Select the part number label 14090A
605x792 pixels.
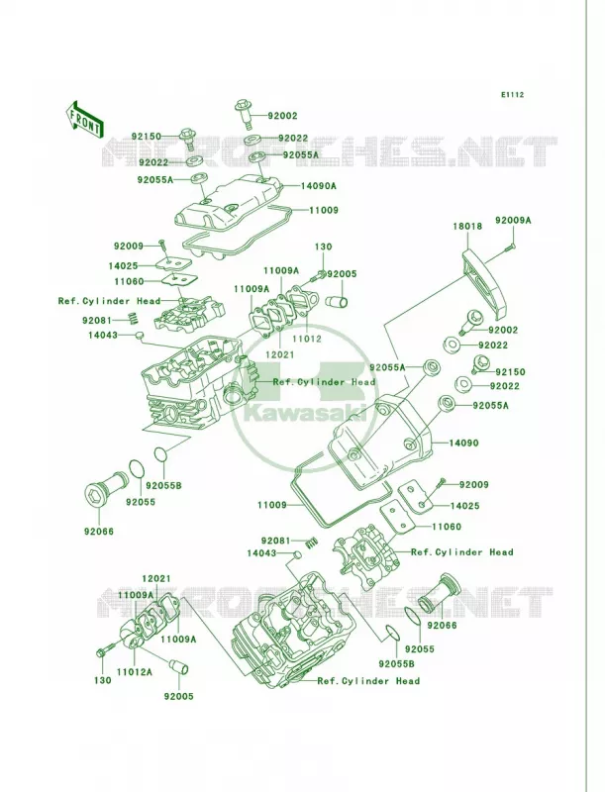[318, 186]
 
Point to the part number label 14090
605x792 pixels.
[464, 443]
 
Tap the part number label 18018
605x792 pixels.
[467, 226]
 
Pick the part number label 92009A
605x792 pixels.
[513, 220]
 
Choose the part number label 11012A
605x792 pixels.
[135, 672]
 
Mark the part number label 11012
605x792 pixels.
[307, 339]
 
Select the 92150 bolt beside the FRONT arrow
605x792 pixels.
[187, 139]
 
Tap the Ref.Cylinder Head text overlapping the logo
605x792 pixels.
[324, 382]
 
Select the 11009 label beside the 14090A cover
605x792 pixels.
[323, 210]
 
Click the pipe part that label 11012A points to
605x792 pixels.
[135, 638]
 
